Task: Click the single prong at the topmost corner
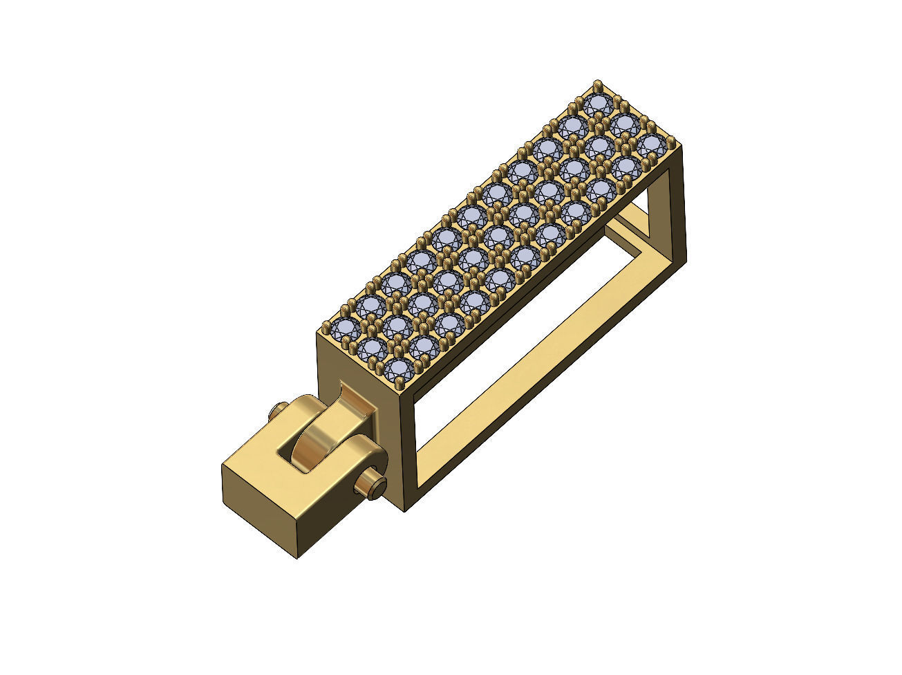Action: coord(597,85)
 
